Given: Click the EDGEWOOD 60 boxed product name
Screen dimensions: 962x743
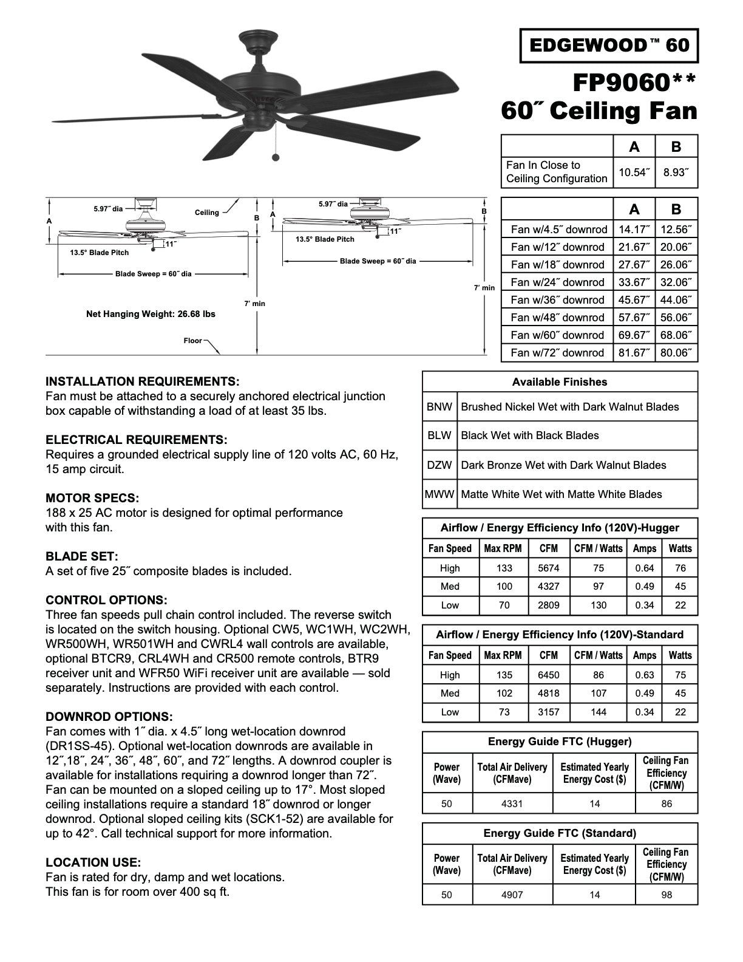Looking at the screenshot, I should tap(609, 46).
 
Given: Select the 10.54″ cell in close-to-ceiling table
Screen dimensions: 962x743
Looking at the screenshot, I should tap(634, 172).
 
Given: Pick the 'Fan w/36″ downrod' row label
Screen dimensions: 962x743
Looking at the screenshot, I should tap(557, 300).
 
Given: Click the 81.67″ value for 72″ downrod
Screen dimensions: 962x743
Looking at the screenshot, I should tap(634, 353).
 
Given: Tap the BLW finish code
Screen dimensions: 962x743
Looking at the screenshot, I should tap(439, 435).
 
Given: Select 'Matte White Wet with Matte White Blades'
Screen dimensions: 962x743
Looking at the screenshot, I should tap(561, 494).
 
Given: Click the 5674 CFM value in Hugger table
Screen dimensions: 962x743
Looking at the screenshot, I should tap(548, 568).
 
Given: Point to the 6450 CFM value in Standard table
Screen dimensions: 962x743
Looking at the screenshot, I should tap(548, 675).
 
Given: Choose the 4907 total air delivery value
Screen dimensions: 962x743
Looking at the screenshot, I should tap(512, 895).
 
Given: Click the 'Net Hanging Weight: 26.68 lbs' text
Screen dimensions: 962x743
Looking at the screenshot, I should tap(151, 314).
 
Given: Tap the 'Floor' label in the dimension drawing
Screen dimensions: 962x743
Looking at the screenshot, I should tap(192, 341).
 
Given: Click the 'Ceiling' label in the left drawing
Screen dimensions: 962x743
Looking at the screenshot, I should tap(206, 213).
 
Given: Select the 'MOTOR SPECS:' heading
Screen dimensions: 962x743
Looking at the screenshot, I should tap(92, 498).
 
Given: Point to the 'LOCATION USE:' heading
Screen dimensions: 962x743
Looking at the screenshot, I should tap(93, 862).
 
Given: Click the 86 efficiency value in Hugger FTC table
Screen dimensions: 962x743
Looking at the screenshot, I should tap(666, 804).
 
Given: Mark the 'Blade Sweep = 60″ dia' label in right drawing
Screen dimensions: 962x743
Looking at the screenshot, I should tap(378, 261).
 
